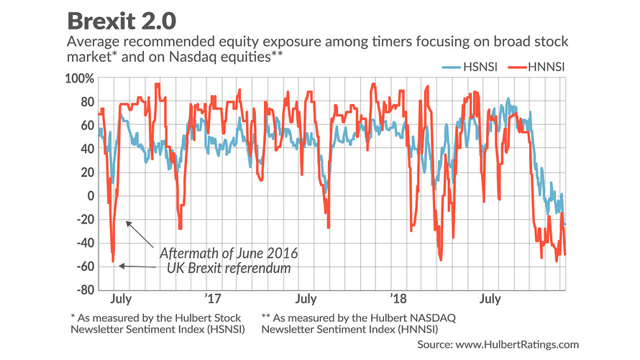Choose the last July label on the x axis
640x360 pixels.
point(490,297)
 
